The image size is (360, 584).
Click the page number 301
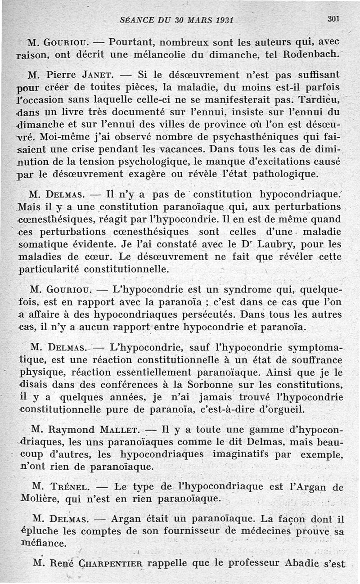pyautogui.click(x=333, y=19)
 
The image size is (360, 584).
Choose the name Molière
pyautogui.click(x=41, y=499)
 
